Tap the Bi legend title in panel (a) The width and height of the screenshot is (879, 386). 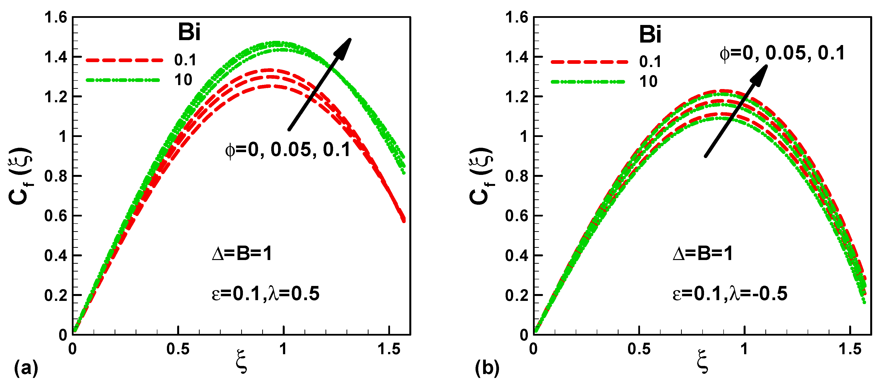tap(189, 33)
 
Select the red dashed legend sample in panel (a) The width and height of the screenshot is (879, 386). tap(125, 60)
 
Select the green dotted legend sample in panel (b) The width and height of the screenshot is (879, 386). tap(588, 82)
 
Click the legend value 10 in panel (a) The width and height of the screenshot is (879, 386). tap(183, 80)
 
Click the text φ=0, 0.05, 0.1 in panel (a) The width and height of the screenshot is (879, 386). tap(288, 150)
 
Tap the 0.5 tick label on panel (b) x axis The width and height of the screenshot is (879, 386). tap(639, 349)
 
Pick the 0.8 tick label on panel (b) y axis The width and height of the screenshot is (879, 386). tap(516, 176)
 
